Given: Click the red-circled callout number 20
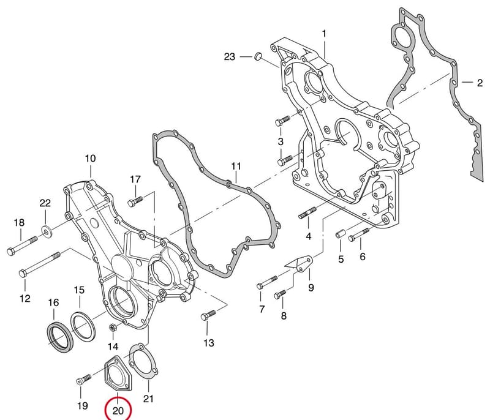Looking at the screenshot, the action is point(118,411).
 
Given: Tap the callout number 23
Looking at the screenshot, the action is point(229,57).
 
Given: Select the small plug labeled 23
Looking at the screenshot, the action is point(258,56).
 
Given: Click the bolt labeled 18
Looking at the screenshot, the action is point(22,246).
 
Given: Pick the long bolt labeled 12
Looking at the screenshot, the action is point(39,264).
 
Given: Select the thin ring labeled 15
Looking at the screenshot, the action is point(83,325).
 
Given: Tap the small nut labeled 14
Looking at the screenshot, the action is point(113,328).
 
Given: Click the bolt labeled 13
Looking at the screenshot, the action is point(208,315).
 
